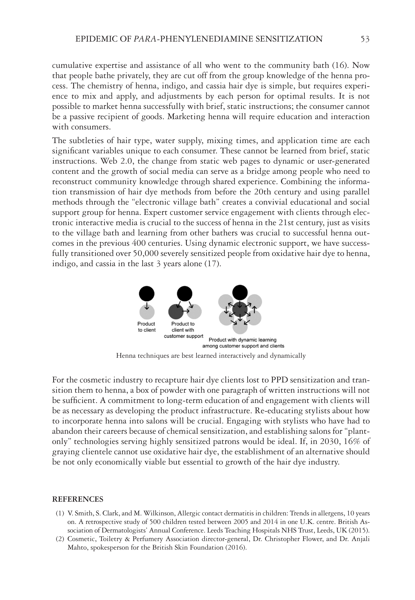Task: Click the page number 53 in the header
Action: click(365, 39)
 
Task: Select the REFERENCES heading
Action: click(77, 499)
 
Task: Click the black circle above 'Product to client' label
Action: click(147, 294)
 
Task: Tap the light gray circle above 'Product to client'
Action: click(147, 312)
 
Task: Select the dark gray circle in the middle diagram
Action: click(176, 311)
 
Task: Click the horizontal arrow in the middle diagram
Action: click(186, 311)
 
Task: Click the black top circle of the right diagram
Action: click(240, 292)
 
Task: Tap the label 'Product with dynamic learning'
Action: click(243, 340)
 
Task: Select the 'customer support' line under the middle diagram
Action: click(183, 336)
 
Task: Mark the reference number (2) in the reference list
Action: click(60, 539)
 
